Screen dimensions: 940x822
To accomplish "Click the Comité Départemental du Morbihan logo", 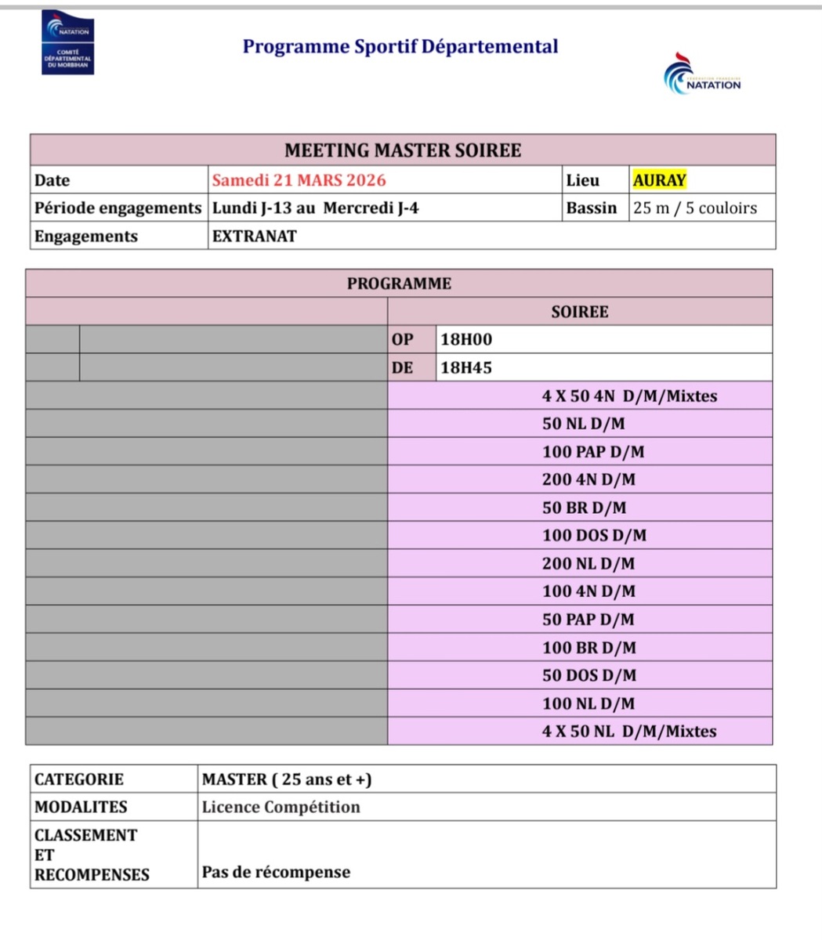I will click(x=67, y=43).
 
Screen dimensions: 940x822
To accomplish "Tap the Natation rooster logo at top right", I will click(x=701, y=75).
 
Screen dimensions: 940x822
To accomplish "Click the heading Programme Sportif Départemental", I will click(x=400, y=46).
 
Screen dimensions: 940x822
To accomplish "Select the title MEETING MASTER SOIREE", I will click(x=403, y=150).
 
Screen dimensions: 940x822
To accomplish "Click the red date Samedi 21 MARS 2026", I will click(x=299, y=180).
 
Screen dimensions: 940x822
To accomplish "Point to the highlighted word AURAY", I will click(x=659, y=180).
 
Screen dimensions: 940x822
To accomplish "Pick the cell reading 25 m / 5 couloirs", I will click(x=695, y=208).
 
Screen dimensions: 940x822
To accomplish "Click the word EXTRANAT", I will click(x=254, y=237).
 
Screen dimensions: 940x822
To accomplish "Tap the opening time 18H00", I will click(x=466, y=340).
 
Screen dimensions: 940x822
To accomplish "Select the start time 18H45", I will click(x=466, y=367).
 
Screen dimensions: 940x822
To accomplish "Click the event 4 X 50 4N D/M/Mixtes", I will click(x=629, y=396).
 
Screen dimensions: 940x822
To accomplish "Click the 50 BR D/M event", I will click(x=584, y=508).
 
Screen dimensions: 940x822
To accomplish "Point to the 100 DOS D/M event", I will click(x=594, y=536).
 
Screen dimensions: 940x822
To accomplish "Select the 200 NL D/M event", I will click(x=588, y=564).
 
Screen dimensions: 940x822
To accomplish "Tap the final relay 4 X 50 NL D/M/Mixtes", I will click(x=629, y=732).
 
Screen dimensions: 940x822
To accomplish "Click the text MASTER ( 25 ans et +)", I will click(x=287, y=779).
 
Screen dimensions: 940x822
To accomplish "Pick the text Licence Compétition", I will click(x=281, y=807).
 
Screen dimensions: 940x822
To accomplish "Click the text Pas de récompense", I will click(x=276, y=873).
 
